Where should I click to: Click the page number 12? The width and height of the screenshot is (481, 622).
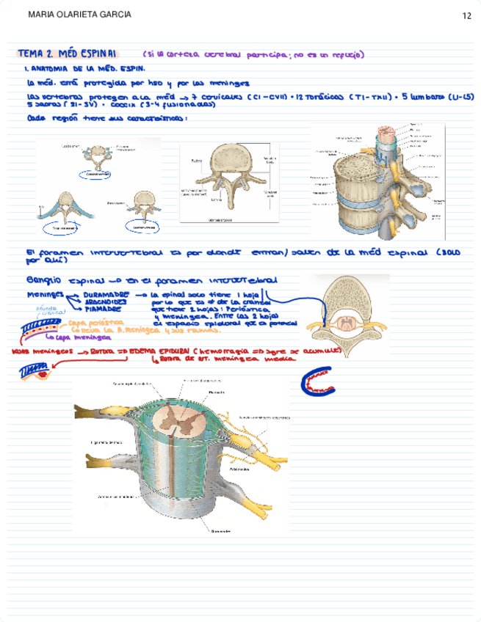point(466,15)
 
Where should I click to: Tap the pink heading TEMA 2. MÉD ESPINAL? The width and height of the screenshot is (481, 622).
point(70,54)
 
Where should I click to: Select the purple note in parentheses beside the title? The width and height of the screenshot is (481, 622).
point(253,55)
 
